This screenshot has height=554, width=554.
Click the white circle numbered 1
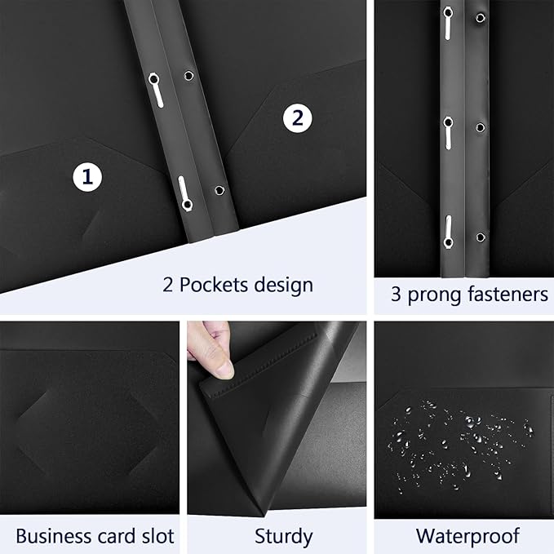87,175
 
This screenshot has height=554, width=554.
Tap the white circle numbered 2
297,118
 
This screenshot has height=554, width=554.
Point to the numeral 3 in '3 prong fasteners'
396,295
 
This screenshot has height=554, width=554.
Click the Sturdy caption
282,536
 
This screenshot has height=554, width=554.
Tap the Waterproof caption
468,536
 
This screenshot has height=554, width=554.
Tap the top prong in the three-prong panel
447,23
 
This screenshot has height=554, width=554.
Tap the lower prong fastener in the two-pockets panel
184,193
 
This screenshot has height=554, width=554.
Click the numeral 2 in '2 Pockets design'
167,285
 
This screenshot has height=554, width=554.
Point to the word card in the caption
113,536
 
